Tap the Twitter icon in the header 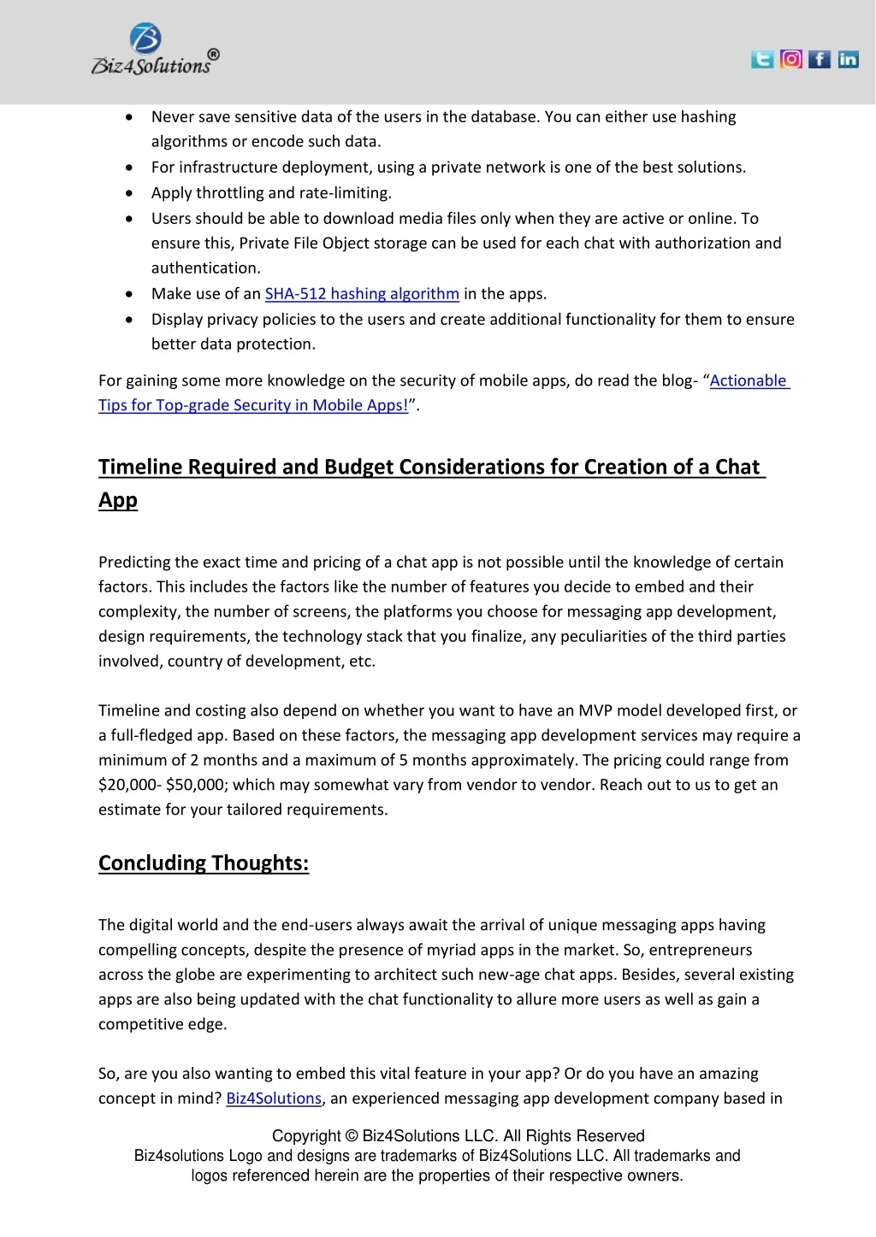pos(762,59)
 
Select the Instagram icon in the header pos(791,59)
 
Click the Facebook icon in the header pos(820,59)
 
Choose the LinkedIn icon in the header pos(848,59)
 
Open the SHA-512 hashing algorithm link pos(362,294)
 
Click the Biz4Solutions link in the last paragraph pos(274,1099)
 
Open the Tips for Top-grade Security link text pos(253,405)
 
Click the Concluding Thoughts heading pos(204,863)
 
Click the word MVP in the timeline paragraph pos(595,710)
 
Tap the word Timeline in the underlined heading pos(140,467)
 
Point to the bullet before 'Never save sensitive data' pos(128,117)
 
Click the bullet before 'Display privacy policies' pos(128,320)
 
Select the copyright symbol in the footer pos(352,1136)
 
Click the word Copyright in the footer pos(306,1136)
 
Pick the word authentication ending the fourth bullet pos(205,268)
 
